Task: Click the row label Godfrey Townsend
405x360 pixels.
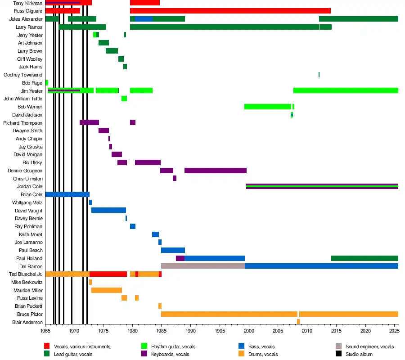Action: point(23,75)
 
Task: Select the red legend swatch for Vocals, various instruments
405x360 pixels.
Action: point(47,346)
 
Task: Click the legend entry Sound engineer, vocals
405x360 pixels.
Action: point(369,346)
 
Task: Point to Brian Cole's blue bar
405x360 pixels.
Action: point(67,194)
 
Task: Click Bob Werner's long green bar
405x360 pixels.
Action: point(268,107)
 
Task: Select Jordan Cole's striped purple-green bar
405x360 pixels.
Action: point(322,186)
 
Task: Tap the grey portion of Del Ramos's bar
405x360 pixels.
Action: point(203,266)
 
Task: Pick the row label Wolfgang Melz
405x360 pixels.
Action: point(27,202)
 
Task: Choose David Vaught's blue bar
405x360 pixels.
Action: point(108,210)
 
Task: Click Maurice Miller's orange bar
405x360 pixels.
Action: point(107,290)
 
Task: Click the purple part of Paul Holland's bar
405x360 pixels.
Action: point(180,258)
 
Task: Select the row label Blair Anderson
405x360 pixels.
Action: point(27,322)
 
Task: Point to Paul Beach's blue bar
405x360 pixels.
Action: point(173,250)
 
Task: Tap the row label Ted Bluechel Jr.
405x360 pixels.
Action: point(26,274)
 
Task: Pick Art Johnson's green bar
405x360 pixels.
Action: point(103,43)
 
